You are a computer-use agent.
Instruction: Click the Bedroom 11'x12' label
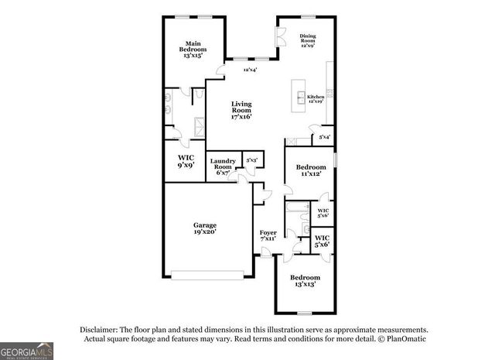tap(310, 170)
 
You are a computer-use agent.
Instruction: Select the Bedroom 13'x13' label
tap(305, 281)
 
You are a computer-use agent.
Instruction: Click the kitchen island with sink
tap(299, 91)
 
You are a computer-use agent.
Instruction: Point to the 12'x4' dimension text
tap(249, 70)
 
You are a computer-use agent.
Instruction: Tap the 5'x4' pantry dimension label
tap(325, 137)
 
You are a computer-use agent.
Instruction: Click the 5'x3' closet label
tap(251, 161)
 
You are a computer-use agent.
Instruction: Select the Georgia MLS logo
tap(27, 350)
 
